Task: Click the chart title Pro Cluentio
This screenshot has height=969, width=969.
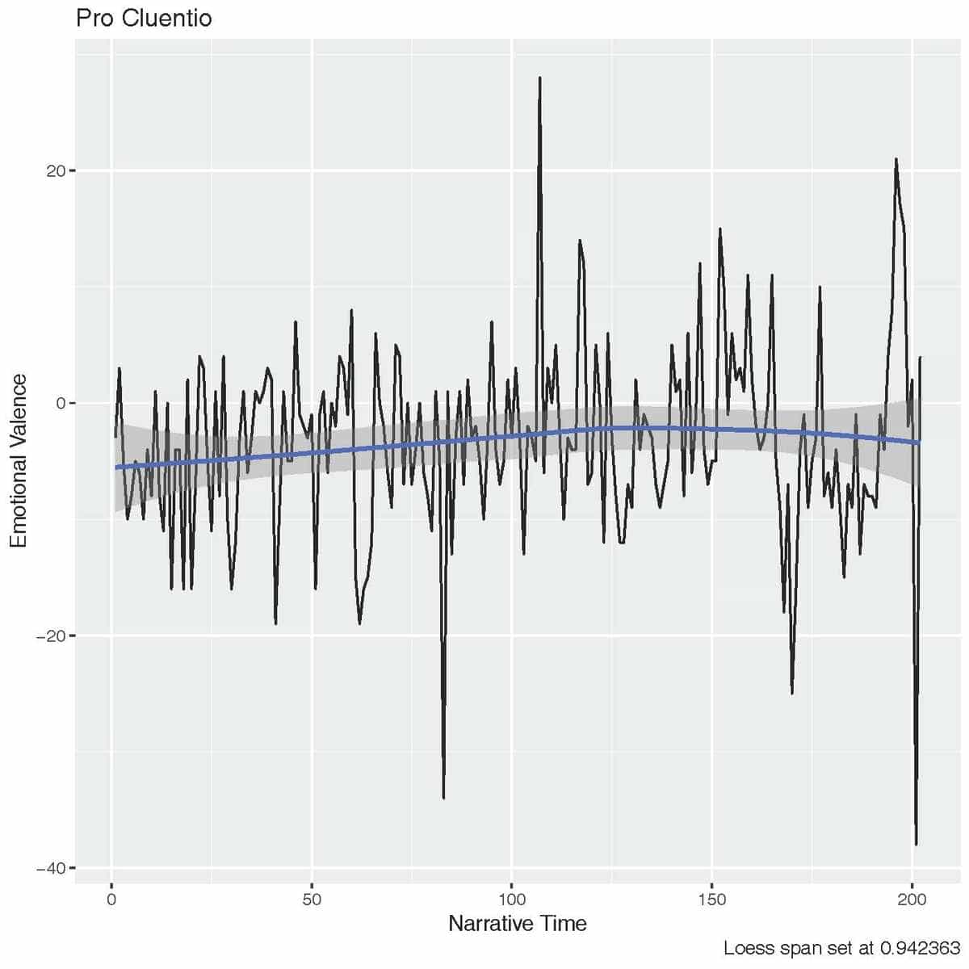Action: point(144,18)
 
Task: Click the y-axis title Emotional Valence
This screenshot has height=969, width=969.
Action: point(19,460)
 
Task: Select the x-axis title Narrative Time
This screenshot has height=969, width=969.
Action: point(517,923)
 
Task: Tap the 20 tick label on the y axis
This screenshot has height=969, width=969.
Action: point(54,171)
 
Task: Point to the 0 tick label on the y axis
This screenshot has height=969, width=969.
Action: point(60,404)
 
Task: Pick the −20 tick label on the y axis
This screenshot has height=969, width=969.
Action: point(50,636)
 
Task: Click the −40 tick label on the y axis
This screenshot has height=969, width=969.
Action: point(50,868)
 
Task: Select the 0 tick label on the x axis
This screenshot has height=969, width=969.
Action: point(111,899)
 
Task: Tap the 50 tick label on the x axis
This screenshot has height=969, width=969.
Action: point(312,899)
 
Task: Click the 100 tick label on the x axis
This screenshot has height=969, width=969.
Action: point(512,899)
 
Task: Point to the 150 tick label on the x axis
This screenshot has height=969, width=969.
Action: point(712,899)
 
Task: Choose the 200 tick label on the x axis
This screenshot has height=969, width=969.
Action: point(912,899)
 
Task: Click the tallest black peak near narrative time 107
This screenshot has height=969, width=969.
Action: point(539,78)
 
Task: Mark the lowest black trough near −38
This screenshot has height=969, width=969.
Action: point(916,844)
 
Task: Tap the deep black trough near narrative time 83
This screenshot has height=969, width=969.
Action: point(443,797)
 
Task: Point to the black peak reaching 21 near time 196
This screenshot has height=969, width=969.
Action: point(896,160)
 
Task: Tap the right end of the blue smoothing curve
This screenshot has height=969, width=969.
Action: point(920,442)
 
